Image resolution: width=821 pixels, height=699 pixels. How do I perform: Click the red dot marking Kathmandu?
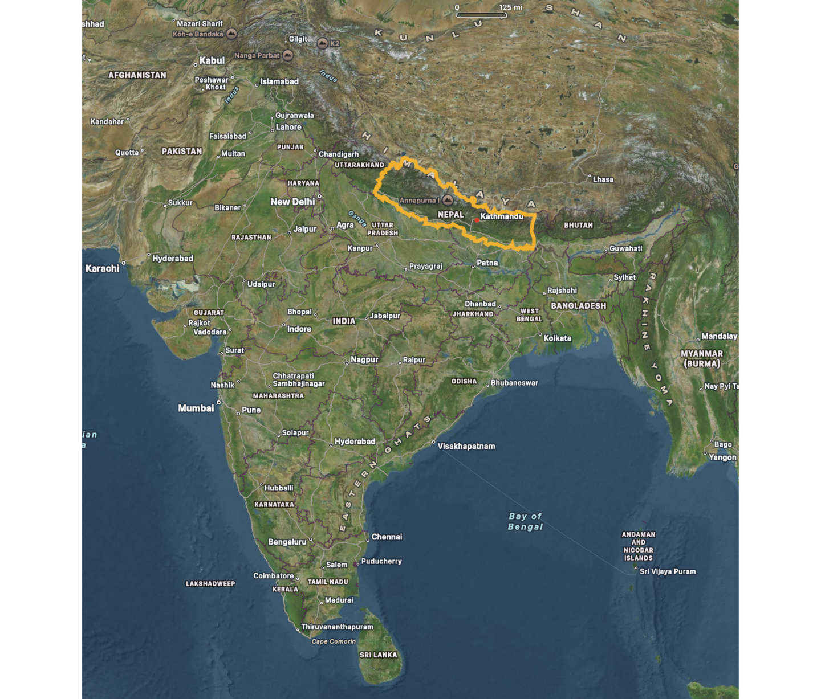(x=477, y=220)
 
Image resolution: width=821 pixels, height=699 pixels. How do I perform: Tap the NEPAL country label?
(x=450, y=215)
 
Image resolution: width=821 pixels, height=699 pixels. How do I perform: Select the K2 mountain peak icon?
(x=323, y=44)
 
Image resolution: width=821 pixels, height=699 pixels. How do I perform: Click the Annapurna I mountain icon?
(x=448, y=200)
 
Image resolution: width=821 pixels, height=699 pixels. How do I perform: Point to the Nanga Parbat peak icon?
(x=288, y=55)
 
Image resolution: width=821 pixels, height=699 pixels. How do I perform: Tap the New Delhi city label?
(x=292, y=202)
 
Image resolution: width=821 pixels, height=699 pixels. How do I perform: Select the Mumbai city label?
(x=196, y=408)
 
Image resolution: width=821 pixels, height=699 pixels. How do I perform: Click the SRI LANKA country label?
(x=378, y=655)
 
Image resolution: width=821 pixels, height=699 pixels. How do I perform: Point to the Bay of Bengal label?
(x=525, y=521)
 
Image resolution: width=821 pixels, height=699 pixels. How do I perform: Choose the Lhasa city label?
(x=603, y=179)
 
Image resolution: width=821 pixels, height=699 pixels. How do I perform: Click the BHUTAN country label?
(x=578, y=225)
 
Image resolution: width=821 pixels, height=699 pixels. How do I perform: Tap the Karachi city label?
(x=103, y=268)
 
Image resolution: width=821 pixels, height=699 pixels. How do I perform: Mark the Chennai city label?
(x=387, y=537)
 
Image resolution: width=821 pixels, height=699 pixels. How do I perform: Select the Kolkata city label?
(x=557, y=338)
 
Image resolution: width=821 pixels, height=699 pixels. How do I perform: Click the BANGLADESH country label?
(x=578, y=306)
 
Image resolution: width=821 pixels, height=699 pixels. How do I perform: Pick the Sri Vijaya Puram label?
(x=668, y=571)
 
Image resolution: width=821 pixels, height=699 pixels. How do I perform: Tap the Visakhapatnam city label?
(x=466, y=446)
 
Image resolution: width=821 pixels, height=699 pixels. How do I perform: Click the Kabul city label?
(x=212, y=60)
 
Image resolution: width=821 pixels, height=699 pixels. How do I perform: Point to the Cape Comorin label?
(x=334, y=641)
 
